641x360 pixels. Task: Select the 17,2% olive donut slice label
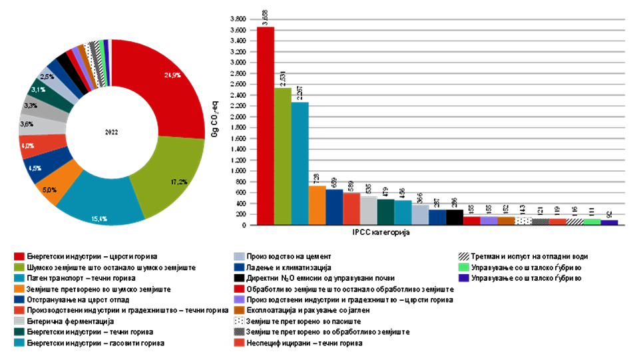click(178, 180)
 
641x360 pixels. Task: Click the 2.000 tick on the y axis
click(238, 116)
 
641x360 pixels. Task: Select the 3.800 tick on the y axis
click(238, 19)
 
